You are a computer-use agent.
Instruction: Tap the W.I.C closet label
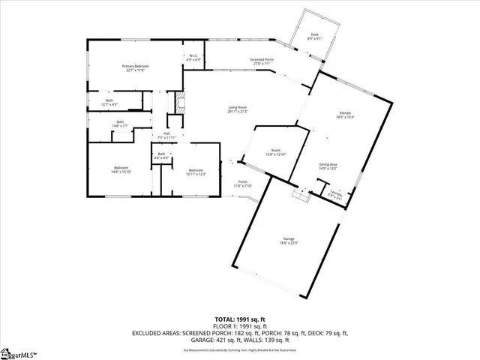tap(192, 56)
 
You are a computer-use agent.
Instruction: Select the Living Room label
tap(238, 109)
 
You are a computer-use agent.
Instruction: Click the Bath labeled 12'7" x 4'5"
tap(109, 102)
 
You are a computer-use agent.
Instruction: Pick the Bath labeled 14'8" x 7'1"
tap(120, 124)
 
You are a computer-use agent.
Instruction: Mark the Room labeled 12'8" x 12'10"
tap(276, 153)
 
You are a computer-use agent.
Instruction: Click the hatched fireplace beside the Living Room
tap(179, 103)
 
